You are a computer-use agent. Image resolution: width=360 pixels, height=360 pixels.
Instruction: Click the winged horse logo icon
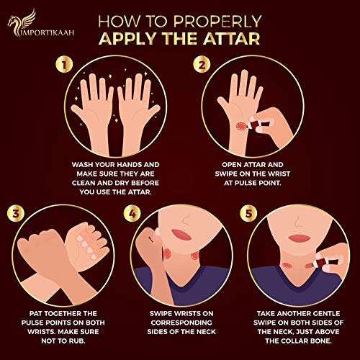click(x=22, y=22)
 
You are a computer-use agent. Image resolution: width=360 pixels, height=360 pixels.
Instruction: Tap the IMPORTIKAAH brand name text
click(x=47, y=33)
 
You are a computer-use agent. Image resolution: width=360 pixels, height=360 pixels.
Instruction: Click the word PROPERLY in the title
click(x=217, y=22)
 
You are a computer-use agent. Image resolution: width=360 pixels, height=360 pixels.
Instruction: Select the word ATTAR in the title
click(x=232, y=38)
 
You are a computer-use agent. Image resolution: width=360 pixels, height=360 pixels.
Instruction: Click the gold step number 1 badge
click(x=64, y=65)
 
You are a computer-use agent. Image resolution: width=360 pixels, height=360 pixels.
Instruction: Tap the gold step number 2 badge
click(x=202, y=65)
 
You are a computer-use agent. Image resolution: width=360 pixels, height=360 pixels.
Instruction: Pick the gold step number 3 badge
click(x=16, y=213)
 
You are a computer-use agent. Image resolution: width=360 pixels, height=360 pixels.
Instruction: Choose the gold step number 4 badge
click(x=132, y=213)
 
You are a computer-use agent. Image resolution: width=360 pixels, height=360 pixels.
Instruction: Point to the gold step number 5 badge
click(x=248, y=213)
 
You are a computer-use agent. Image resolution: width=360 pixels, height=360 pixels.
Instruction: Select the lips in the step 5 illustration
click(x=300, y=238)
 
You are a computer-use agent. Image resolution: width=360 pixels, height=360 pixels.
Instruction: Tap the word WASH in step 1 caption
click(x=82, y=165)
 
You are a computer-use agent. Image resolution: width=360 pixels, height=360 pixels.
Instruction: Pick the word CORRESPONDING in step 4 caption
click(x=181, y=323)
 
